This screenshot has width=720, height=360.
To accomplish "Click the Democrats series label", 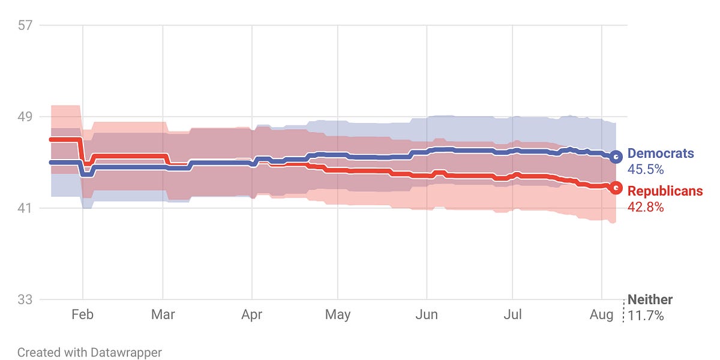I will pyautogui.click(x=661, y=154).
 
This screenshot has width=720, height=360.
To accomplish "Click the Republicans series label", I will pyautogui.click(x=665, y=191).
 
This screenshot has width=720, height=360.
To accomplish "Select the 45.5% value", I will pyautogui.click(x=646, y=170).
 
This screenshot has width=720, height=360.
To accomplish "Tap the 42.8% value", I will pyautogui.click(x=646, y=207).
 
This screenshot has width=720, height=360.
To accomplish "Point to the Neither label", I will pyautogui.click(x=650, y=300).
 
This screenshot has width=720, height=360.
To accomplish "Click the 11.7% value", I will pyautogui.click(x=646, y=316).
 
